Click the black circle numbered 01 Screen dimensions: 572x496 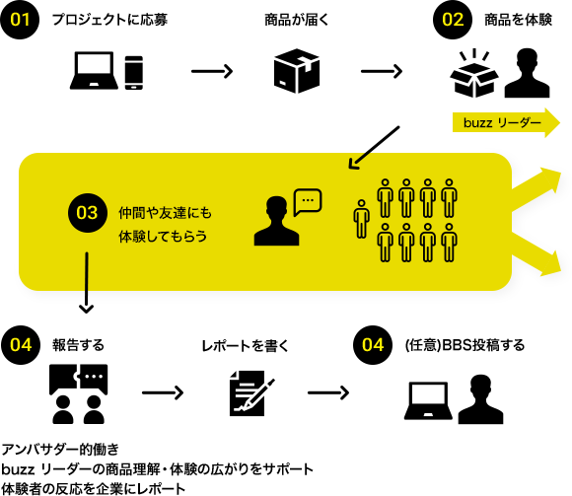[x=20, y=20]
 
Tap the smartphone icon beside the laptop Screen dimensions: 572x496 [x=133, y=73]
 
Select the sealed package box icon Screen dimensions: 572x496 [x=297, y=71]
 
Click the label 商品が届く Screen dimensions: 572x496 [x=296, y=20]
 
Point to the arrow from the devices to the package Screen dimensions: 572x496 [x=212, y=71]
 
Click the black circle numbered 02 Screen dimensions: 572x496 [x=453, y=20]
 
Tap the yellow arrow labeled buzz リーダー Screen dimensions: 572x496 [x=506, y=122]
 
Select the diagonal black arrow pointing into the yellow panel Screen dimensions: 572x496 [x=374, y=148]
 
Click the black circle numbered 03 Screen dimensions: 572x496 [x=88, y=213]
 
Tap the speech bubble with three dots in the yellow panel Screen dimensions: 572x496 [x=308, y=202]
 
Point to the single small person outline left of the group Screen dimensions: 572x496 [x=361, y=219]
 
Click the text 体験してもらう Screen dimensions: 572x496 [x=163, y=237]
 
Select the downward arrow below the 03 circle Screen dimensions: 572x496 [x=87, y=283]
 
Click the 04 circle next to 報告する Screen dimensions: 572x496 [x=21, y=345]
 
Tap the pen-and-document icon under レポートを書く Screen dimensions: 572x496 [x=251, y=393]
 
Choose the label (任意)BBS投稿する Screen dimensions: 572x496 [x=465, y=345]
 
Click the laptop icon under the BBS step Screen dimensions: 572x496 [x=428, y=400]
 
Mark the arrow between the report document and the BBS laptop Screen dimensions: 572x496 [x=328, y=392]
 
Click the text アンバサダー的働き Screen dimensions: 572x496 [x=60, y=450]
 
